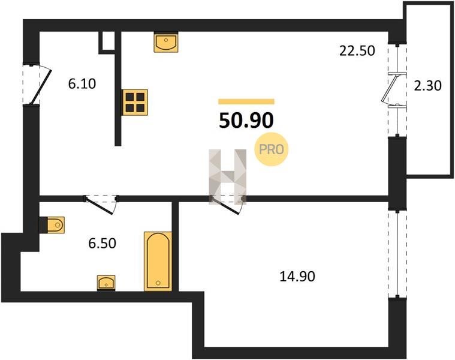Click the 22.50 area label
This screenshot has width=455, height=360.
[357, 51]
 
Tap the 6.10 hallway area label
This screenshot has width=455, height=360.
[82, 84]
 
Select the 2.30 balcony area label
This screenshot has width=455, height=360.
[427, 86]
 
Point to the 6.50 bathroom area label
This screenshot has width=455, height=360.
[102, 243]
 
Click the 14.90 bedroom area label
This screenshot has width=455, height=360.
[297, 277]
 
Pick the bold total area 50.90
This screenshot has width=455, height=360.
[246, 121]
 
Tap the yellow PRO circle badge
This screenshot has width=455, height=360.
[272, 149]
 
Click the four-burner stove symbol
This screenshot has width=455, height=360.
[135, 102]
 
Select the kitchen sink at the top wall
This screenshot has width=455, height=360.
[166, 42]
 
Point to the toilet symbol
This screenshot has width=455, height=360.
[52, 224]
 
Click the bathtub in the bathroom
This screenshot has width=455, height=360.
[158, 261]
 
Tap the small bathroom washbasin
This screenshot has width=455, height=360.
[106, 283]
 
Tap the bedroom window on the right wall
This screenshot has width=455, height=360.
[397, 253]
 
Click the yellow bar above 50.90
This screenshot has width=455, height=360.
[246, 101]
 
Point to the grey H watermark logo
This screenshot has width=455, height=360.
[228, 176]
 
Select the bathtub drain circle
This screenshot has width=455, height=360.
[158, 283]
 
